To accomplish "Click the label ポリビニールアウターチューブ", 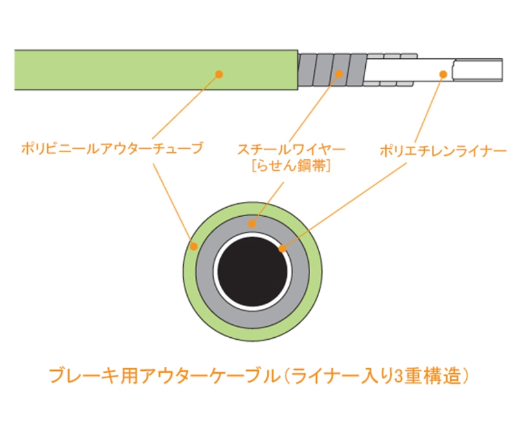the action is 112,148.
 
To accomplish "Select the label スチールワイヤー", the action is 291,150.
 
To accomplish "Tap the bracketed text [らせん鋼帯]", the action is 291,166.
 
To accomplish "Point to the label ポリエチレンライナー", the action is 443,151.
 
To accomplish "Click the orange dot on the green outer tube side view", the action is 219,74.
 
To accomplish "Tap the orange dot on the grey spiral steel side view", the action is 339,74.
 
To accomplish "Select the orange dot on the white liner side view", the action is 444,74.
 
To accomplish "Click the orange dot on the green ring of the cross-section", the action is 194,246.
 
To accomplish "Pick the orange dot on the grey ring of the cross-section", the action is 252,224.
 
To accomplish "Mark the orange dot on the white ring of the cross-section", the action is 282,249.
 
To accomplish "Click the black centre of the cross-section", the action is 253,271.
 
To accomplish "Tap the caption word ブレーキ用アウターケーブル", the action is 164,376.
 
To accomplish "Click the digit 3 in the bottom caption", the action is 399,377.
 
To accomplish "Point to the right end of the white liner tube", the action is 502,70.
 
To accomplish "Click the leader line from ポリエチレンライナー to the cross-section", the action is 344,205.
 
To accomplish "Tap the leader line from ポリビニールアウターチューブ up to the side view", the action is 186,106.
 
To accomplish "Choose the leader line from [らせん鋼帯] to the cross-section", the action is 268,203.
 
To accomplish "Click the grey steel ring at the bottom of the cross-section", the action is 253,318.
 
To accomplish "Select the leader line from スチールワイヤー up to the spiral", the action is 314,107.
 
